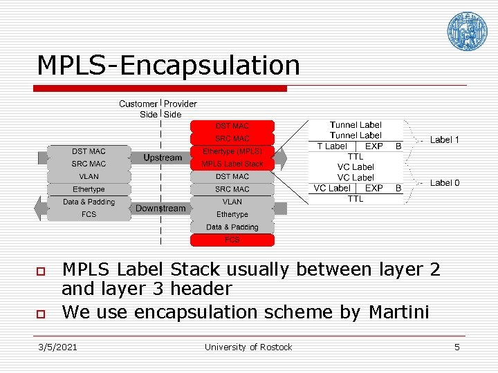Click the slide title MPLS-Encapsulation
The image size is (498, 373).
[168, 66]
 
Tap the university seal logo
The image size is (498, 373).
[467, 31]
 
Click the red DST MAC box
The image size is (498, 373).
[232, 126]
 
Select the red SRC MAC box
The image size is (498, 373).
[232, 139]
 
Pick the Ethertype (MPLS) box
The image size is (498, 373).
[232, 151]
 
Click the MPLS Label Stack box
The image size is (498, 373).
[232, 164]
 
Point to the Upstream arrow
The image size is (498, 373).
[163, 158]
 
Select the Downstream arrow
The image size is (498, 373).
[160, 208]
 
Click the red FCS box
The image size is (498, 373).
[232, 240]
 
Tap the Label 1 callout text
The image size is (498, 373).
[445, 140]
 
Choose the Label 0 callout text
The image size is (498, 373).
[445, 183]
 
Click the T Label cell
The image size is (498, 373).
[332, 146]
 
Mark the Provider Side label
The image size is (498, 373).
[180, 109]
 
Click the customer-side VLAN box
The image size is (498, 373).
[89, 177]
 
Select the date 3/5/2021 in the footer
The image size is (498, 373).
[58, 347]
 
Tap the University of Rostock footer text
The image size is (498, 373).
[248, 347]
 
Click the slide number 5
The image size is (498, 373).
[456, 347]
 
